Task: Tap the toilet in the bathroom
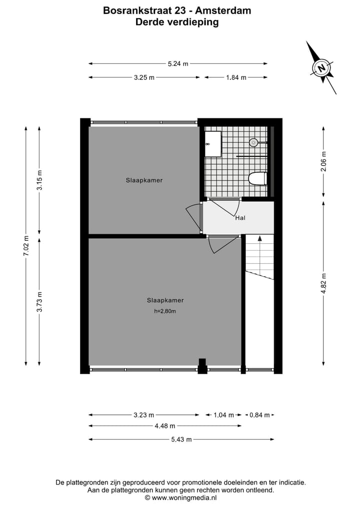pyautogui.click(x=258, y=178)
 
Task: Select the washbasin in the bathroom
pyautogui.click(x=213, y=144)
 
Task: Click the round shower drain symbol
pyautogui.click(x=253, y=142)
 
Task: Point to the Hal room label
pyautogui.click(x=240, y=218)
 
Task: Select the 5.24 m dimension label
pyautogui.click(x=178, y=63)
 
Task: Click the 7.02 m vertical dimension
pyautogui.click(x=26, y=246)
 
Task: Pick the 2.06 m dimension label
pyautogui.click(x=323, y=161)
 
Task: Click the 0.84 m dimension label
pyautogui.click(x=259, y=415)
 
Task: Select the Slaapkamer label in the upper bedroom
pyautogui.click(x=144, y=180)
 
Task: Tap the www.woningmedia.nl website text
pyautogui.click(x=183, y=498)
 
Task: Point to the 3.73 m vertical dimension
pyautogui.click(x=39, y=302)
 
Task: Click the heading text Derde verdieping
pyautogui.click(x=177, y=22)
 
